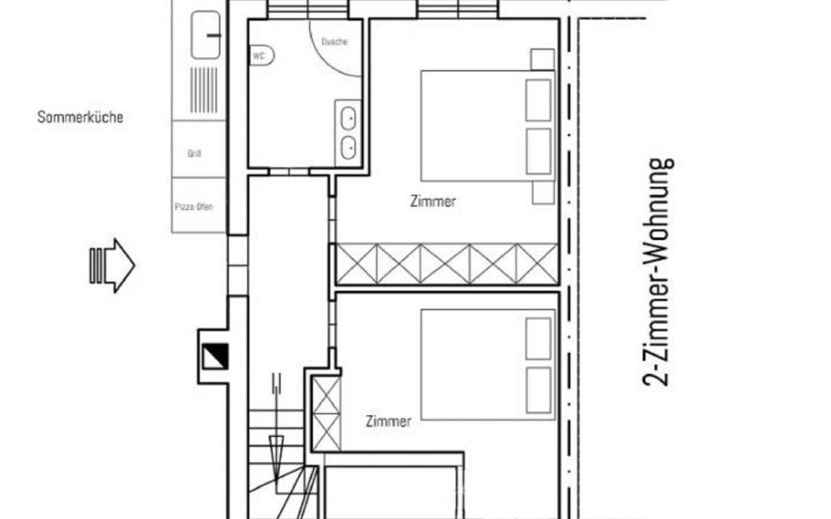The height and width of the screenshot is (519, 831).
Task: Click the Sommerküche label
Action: [80, 117]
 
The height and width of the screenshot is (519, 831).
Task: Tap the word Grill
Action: [195, 154]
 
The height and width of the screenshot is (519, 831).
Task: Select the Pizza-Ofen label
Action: [194, 207]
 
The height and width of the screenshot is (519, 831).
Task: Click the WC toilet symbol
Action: [261, 56]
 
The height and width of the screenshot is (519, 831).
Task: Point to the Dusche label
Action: [335, 42]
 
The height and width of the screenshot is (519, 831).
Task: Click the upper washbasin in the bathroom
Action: [348, 118]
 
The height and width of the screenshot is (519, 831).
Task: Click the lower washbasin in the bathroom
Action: [348, 147]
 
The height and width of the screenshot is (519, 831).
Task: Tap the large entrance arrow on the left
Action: [112, 265]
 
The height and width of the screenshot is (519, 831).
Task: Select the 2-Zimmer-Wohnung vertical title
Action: [658, 272]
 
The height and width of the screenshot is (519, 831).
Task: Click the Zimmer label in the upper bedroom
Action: [433, 201]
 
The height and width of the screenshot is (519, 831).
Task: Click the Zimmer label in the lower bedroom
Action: [389, 422]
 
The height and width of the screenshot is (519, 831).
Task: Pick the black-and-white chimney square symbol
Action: [215, 356]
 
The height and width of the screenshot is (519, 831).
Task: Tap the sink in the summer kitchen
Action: [206, 35]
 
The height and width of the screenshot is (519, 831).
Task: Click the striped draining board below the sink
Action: [204, 89]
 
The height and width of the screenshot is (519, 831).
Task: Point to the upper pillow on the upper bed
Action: [538, 100]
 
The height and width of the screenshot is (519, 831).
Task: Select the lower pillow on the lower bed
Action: [538, 390]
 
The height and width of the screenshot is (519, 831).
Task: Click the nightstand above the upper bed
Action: [542, 59]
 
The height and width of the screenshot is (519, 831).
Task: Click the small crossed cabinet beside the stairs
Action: [326, 414]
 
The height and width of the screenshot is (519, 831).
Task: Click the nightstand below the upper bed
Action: [543, 192]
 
